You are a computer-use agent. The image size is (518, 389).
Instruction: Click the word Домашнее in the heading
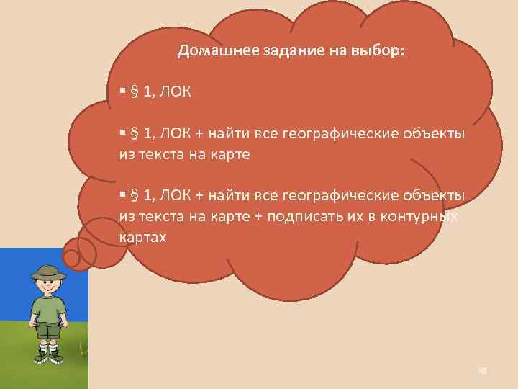(x=209, y=51)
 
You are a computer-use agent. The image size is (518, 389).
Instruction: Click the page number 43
(x=482, y=371)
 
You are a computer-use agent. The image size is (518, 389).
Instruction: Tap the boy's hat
(x=48, y=272)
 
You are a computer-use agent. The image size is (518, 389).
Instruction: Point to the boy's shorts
(x=48, y=331)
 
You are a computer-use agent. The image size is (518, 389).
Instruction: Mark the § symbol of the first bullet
(x=134, y=92)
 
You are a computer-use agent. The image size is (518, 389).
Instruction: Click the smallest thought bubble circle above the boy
(x=72, y=257)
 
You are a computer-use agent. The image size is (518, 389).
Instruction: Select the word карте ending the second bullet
(x=229, y=154)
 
